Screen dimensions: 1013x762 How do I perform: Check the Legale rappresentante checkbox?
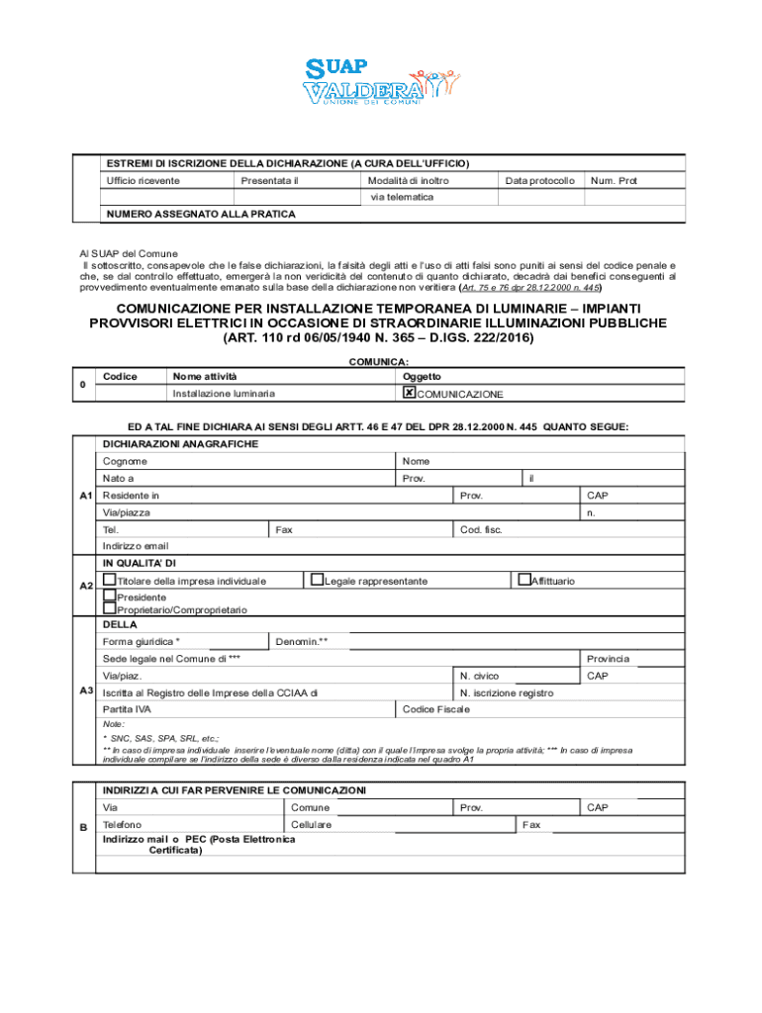tap(317, 579)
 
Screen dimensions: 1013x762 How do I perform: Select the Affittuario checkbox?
tap(524, 579)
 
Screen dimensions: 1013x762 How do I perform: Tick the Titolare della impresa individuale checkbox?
tap(110, 579)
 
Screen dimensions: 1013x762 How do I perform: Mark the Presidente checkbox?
tap(110, 596)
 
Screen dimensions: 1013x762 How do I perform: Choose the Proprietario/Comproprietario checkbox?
tap(110, 608)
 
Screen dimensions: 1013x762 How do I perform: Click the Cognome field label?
tap(126, 461)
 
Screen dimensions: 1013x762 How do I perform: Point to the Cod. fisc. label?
tap(481, 529)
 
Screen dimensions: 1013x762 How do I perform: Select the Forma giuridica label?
tap(142, 641)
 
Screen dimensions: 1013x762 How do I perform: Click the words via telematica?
tap(402, 197)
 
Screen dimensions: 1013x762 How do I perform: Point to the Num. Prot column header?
tap(614, 181)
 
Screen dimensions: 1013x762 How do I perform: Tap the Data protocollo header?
tap(539, 181)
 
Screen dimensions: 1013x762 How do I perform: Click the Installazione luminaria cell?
tap(224, 394)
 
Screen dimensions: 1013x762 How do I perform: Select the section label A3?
tap(86, 690)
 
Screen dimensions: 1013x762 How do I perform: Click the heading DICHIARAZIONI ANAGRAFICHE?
tap(181, 444)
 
